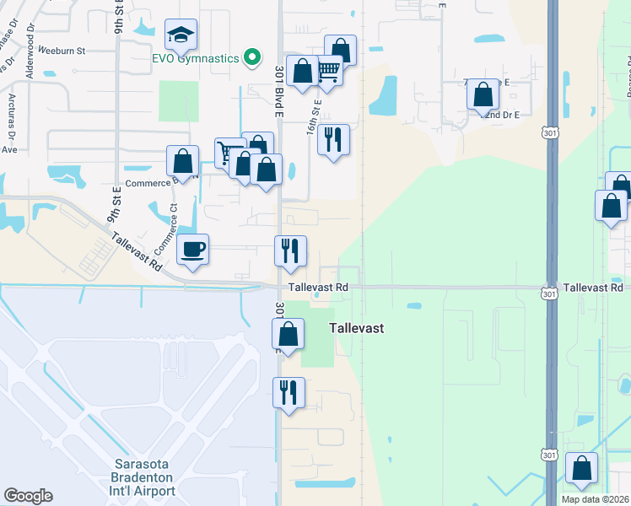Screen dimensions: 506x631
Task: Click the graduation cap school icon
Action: tap(181, 35)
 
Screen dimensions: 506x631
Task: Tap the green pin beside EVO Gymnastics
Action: tap(251, 57)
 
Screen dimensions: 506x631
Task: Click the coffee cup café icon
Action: tap(193, 250)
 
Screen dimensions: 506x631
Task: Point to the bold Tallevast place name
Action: tap(356, 328)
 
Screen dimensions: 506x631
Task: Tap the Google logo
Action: tap(28, 496)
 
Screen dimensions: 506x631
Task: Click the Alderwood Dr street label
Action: tap(31, 62)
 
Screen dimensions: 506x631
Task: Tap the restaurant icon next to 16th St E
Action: tap(333, 140)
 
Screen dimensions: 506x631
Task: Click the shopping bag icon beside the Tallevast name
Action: tap(289, 335)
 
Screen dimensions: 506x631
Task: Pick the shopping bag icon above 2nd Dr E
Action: tap(483, 94)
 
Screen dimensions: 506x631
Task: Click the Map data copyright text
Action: tap(595, 499)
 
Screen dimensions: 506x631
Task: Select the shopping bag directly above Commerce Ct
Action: tap(182, 161)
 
